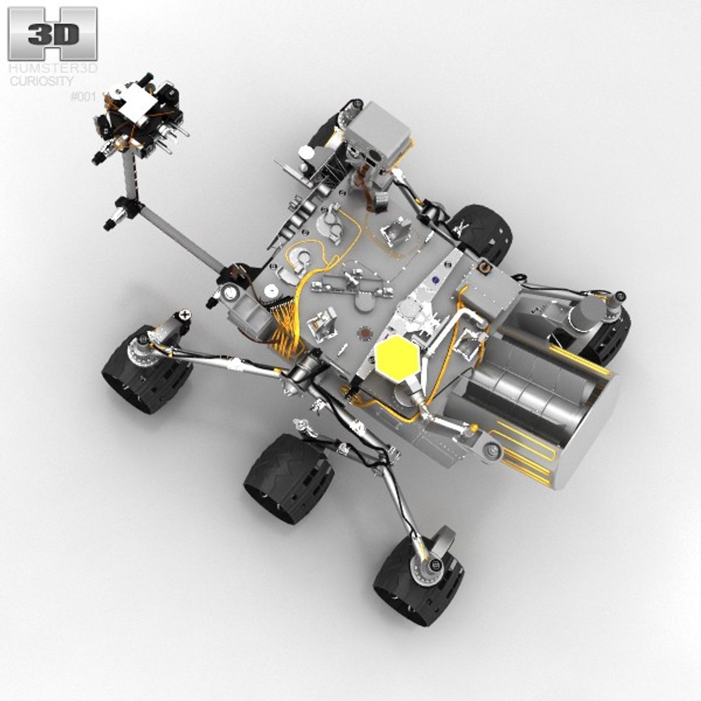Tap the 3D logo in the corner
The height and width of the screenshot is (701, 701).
(x=53, y=34)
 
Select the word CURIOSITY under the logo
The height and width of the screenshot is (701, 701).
(x=41, y=80)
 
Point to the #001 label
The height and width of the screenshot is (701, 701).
(x=82, y=97)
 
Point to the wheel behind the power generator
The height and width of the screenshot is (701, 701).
(x=607, y=334)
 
